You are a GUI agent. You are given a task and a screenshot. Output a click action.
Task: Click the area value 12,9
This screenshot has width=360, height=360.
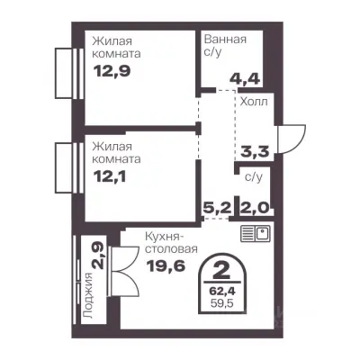pyautogui.click(x=112, y=71)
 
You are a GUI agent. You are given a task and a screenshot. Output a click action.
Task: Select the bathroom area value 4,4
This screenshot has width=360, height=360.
pyautogui.click(x=245, y=79)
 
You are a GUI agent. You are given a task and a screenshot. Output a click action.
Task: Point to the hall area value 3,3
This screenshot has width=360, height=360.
pyautogui.click(x=255, y=151)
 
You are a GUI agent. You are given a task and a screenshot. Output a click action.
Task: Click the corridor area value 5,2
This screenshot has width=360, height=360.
pyautogui.click(x=218, y=207)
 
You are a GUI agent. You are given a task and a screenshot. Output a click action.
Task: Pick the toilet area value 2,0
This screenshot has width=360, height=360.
pyautogui.click(x=254, y=207)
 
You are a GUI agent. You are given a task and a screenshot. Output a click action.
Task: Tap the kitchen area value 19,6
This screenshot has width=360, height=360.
pyautogui.click(x=166, y=265)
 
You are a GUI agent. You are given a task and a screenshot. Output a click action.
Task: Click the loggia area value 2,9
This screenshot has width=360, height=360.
pyautogui.click(x=98, y=256)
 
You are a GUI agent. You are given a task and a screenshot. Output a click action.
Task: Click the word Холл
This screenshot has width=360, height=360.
pyautogui.click(x=254, y=102)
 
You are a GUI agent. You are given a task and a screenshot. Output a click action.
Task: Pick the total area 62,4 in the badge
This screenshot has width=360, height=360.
pyautogui.click(x=222, y=291)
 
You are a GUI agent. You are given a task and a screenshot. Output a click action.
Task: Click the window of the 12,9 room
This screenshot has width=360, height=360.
pyautogui.click(x=69, y=73)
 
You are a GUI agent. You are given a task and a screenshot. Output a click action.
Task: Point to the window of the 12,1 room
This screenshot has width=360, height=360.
pyautogui.click(x=69, y=167)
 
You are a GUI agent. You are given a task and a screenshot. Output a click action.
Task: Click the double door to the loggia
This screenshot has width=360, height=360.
pyautogui.click(x=124, y=272)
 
